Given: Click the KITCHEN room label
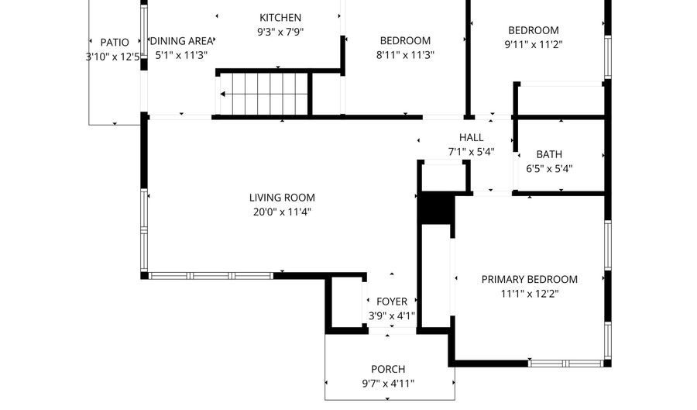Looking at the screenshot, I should [280, 18].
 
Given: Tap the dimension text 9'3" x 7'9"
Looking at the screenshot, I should [280, 33].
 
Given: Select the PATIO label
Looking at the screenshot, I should [115, 42].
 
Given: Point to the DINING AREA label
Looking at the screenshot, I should [182, 42].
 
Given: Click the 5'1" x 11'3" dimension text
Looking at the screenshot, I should [181, 56].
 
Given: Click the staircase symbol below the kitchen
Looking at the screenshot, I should [263, 94].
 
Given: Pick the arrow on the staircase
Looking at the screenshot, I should [225, 95].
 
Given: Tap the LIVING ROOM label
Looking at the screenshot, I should [282, 198].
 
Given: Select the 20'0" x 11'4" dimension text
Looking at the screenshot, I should [282, 212].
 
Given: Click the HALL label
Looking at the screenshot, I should [471, 138].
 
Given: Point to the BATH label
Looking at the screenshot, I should [549, 154].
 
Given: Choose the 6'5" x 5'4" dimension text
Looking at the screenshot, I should [549, 168].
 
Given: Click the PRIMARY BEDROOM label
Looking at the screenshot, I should [530, 280].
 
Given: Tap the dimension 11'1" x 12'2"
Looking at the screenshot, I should [530, 294].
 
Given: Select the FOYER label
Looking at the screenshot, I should [392, 301].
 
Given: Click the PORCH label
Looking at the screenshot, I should [388, 370].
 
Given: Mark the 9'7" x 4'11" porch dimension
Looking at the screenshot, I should [388, 384].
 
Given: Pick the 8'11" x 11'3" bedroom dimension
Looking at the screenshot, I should [406, 55].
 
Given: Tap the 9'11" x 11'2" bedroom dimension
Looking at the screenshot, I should [533, 45].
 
